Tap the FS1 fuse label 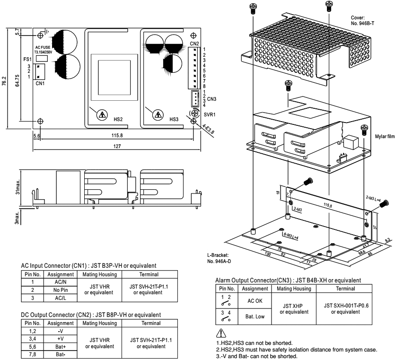point(28,60)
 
